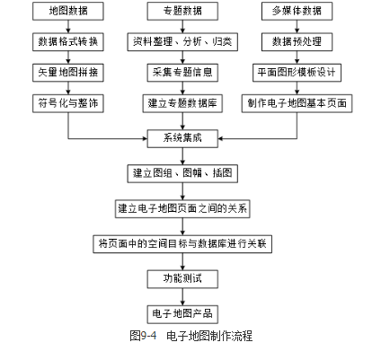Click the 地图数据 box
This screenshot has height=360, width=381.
[x=68, y=12]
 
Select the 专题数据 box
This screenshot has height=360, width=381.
[x=182, y=12]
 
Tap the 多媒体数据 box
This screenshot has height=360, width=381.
[x=297, y=12]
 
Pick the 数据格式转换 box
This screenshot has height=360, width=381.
[x=68, y=42]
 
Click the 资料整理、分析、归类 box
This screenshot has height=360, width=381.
[x=182, y=42]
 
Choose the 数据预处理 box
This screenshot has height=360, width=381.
[x=297, y=42]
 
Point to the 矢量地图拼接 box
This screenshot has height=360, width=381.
[x=68, y=73]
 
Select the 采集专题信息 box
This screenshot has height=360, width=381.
[x=182, y=73]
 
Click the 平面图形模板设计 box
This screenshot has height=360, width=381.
[x=297, y=73]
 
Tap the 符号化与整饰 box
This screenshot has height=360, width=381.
[x=68, y=103]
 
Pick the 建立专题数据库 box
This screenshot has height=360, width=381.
[x=182, y=103]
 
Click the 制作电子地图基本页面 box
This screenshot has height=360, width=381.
[x=297, y=103]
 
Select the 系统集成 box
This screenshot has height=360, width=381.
[x=182, y=138]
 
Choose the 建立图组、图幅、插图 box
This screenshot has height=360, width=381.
[x=182, y=173]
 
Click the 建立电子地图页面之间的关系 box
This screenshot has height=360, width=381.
[x=182, y=208]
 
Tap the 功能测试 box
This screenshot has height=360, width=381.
[x=182, y=279]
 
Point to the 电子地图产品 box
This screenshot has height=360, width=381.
[x=182, y=314]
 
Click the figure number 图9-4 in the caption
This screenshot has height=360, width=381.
[x=143, y=336]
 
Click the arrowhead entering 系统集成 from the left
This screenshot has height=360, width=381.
[x=145, y=138]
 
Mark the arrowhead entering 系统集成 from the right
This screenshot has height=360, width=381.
[x=220, y=138]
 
